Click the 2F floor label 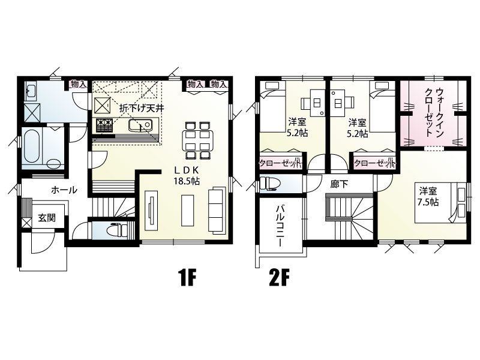279,278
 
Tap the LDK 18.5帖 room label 187,176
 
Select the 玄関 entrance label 47,218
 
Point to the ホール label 64,190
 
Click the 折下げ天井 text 142,108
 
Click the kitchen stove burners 104,125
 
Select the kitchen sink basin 140,125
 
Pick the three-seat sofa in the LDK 217,211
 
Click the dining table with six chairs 197,140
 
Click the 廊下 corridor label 339,184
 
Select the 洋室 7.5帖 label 428,197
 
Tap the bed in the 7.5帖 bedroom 441,203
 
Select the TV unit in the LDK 151,211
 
